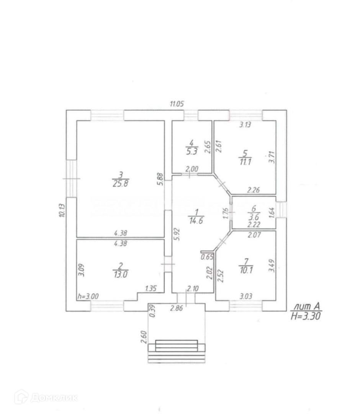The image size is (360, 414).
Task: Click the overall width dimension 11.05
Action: [177, 103]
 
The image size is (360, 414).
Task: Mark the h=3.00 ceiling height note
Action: [88, 296]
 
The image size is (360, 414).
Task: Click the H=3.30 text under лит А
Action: [306, 316]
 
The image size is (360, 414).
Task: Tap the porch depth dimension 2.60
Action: [144, 336]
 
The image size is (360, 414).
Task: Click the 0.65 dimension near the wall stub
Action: [207, 257]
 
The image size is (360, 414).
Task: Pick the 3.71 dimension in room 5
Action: [272, 157]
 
